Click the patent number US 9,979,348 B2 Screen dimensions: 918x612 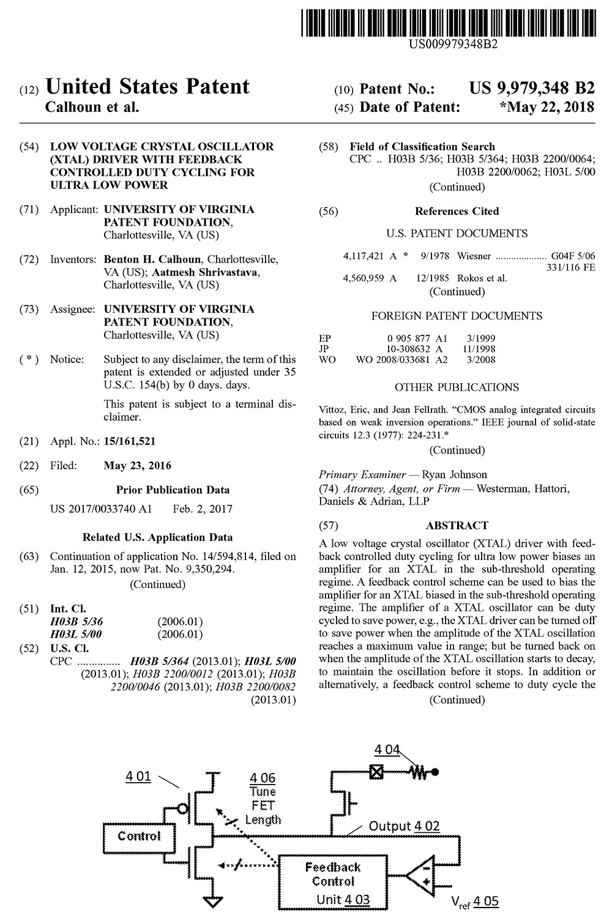tap(532, 88)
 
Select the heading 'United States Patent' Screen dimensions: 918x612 tap(147, 87)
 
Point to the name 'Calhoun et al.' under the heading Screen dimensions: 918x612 tap(92, 107)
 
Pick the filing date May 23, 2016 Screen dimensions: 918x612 tap(138, 466)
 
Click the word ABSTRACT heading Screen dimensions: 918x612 tap(457, 525)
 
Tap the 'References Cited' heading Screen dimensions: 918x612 tap(457, 211)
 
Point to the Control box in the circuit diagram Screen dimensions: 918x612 tap(139, 837)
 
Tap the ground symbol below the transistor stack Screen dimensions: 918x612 tap(212, 901)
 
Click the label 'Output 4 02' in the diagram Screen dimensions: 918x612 tap(404, 826)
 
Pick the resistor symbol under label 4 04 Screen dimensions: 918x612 tap(419, 772)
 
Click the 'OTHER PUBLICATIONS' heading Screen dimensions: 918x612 tap(457, 387)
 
